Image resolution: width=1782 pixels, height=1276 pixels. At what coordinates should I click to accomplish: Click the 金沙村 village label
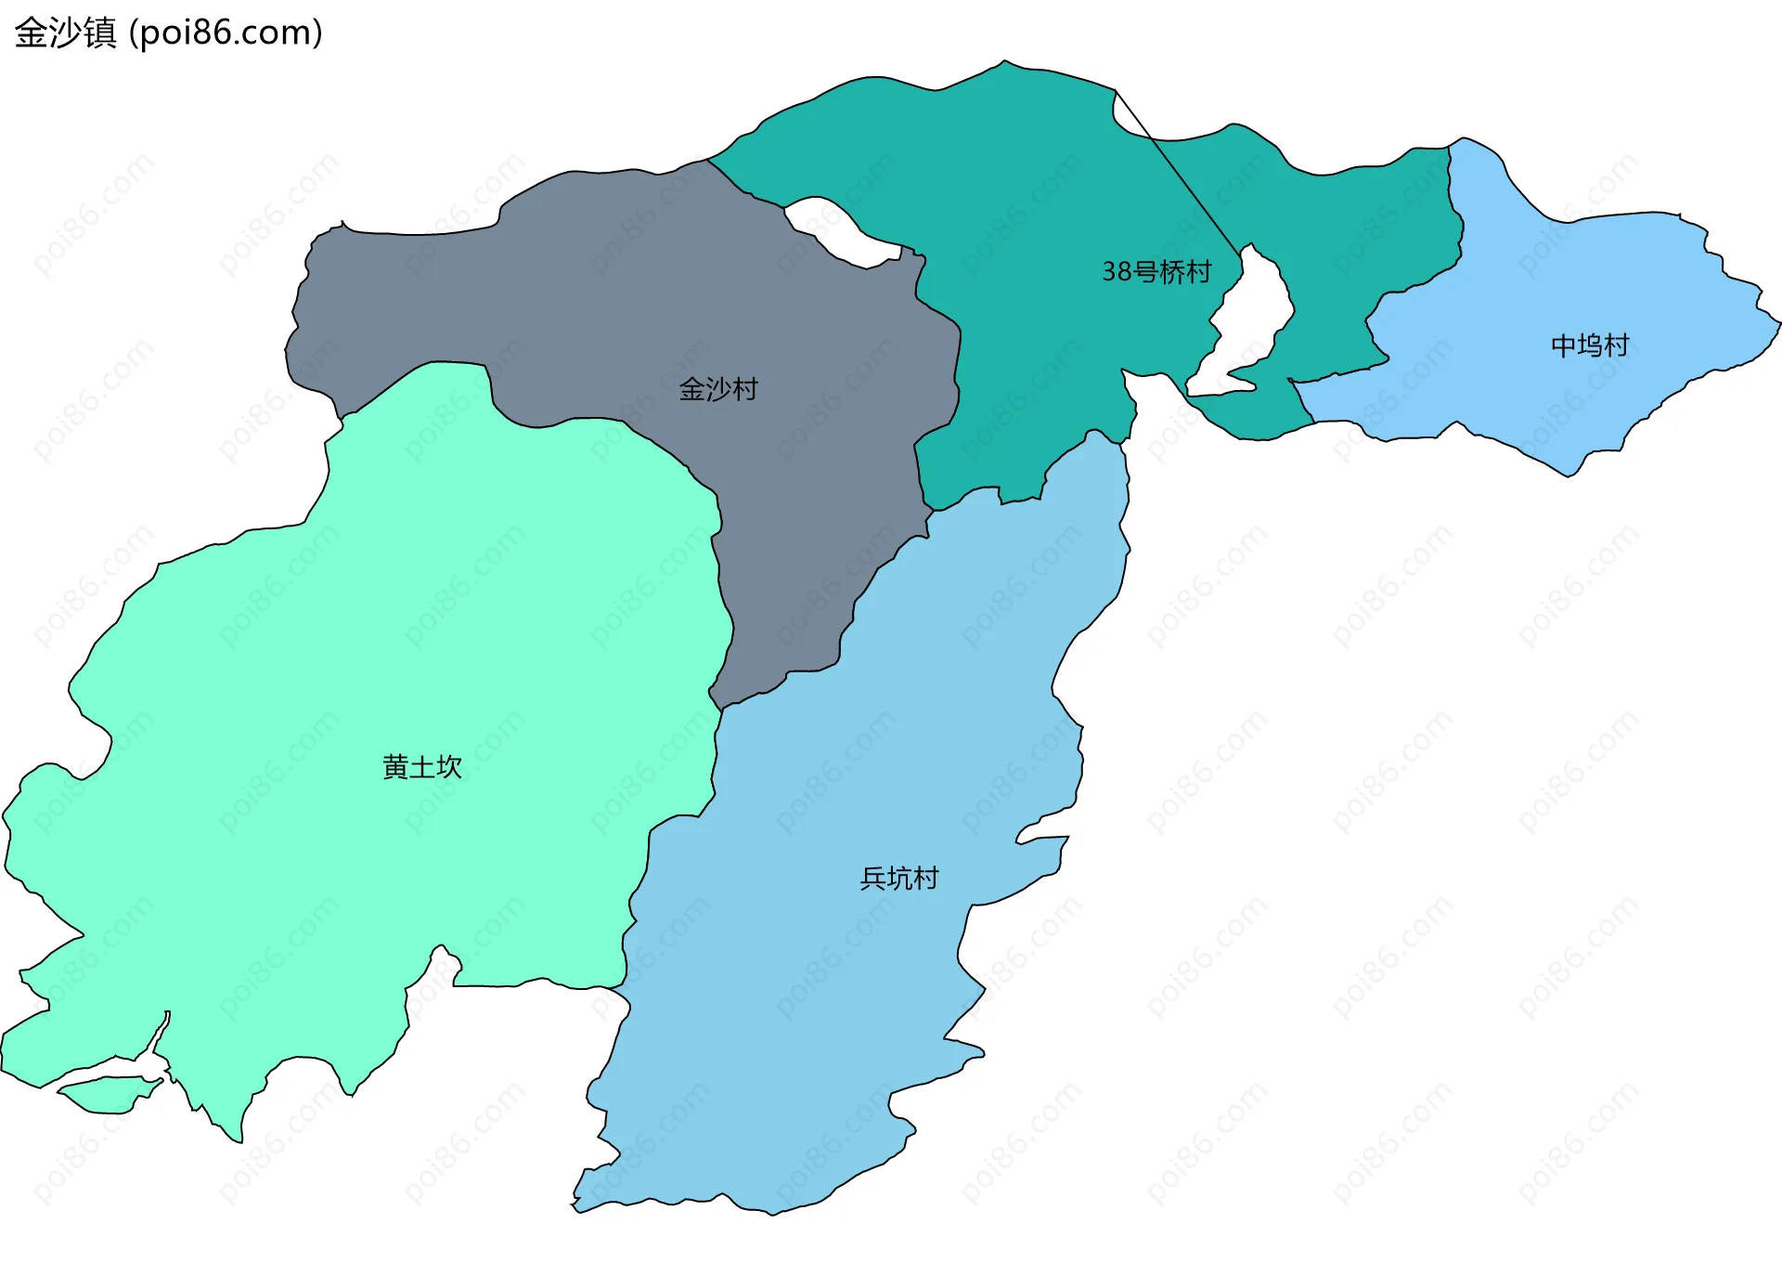(718, 389)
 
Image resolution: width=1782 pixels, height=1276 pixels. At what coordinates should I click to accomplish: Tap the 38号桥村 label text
(1156, 272)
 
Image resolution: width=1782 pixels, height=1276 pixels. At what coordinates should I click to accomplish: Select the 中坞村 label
(1590, 345)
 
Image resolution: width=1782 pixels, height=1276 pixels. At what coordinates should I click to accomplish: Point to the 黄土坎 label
(422, 767)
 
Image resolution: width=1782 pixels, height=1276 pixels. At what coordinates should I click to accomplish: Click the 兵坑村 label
(899, 879)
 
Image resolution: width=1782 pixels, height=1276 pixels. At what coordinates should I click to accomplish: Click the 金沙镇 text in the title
(65, 33)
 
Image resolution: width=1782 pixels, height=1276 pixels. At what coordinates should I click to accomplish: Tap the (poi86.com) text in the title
(226, 33)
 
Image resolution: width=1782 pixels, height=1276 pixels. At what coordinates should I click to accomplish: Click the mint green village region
(325, 650)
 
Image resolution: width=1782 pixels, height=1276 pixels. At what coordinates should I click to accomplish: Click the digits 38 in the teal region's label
(1117, 272)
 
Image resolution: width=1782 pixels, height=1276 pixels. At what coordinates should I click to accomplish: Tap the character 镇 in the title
(99, 33)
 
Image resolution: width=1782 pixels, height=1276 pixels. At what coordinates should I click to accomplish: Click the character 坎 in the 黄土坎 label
(450, 767)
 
